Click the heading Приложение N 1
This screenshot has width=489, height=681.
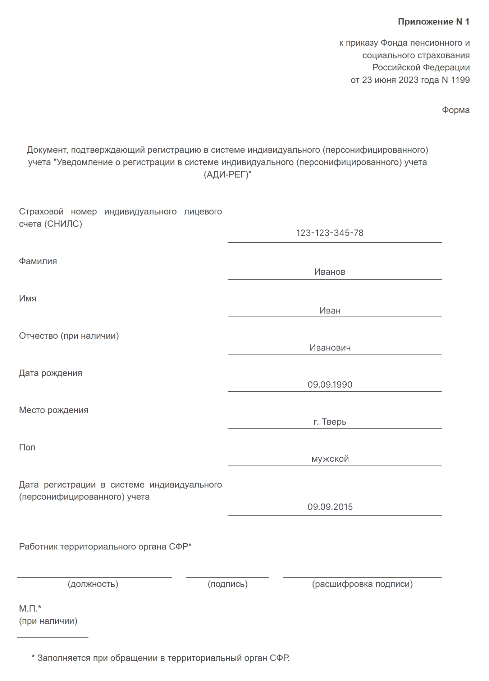433,22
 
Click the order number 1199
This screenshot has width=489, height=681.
460,80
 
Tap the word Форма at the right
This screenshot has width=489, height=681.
456,110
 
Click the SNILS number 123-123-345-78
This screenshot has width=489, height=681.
330,233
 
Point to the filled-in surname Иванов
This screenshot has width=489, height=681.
330,272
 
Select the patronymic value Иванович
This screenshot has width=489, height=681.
330,348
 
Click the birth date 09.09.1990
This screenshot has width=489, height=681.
330,385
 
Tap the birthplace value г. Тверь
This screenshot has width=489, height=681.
330,422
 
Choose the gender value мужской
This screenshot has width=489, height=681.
330,459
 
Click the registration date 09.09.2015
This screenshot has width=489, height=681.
330,507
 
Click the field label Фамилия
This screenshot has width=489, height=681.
38,261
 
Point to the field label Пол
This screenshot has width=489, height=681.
27,448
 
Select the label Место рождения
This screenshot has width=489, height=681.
54,410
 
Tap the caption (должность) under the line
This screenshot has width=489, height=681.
93,584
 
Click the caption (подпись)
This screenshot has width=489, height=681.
228,584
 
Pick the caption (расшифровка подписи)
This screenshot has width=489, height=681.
362,584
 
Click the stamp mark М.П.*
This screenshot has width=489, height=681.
30,608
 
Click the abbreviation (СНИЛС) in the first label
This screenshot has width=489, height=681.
63,224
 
